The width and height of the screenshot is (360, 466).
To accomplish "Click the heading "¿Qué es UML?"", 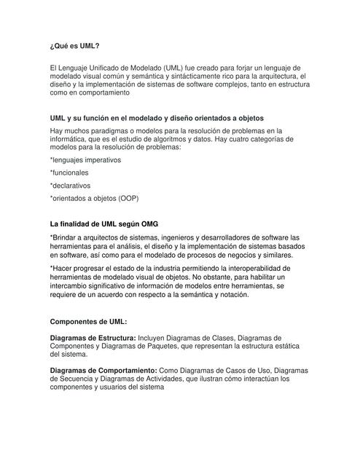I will pyautogui.click(x=74, y=45).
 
